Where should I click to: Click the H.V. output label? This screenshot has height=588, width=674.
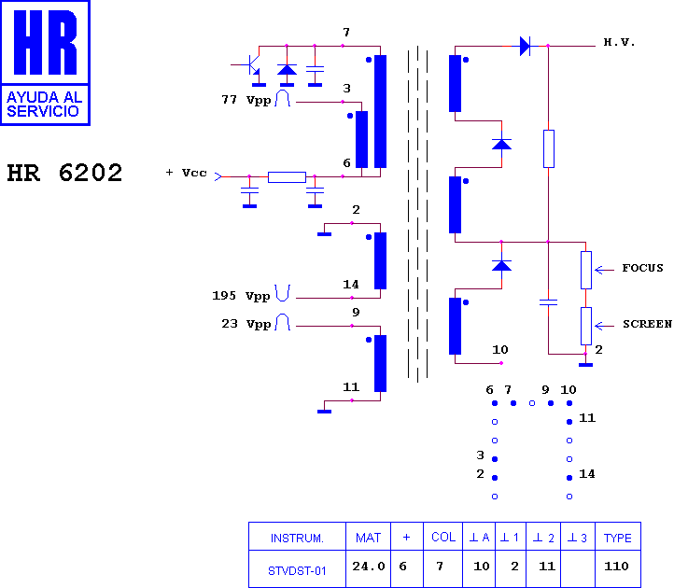(619, 42)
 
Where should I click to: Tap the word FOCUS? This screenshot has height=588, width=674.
(642, 268)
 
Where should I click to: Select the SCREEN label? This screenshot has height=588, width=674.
(647, 324)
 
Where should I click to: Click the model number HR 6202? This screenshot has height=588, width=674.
(65, 173)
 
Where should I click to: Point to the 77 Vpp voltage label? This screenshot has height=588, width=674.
(246, 100)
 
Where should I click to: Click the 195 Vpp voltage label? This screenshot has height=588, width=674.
(241, 296)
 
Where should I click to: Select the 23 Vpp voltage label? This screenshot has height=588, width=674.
(246, 324)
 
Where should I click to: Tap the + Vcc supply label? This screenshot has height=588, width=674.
(186, 173)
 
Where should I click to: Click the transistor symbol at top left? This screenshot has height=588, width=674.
(251, 65)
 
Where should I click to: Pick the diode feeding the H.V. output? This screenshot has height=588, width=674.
(525, 46)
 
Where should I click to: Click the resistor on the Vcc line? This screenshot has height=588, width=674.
(287, 177)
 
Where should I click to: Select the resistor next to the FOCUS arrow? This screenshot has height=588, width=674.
(586, 270)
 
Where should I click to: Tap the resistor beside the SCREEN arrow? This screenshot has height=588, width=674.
(586, 326)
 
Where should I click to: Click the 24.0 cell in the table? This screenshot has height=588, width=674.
(369, 567)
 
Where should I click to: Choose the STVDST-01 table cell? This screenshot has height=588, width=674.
(297, 571)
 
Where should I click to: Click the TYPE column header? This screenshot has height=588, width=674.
(618, 539)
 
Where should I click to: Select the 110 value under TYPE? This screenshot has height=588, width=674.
(616, 567)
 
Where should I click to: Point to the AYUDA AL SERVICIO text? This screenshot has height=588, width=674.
(45, 104)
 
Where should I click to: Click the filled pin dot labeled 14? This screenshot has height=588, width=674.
(569, 478)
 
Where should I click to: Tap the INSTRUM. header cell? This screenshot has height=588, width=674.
(297, 539)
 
